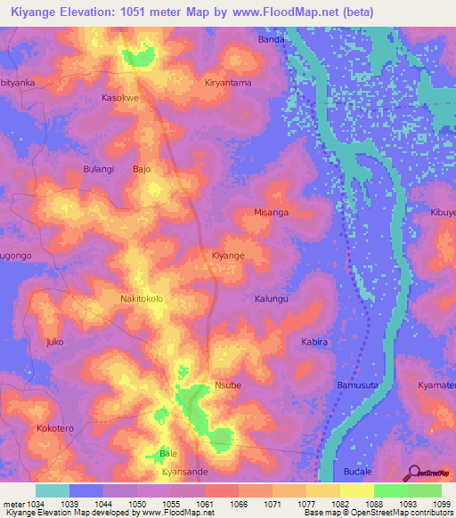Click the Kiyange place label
(227, 255)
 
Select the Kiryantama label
(228, 82)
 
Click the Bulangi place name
(99, 168)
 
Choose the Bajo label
(142, 168)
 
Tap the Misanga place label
(271, 213)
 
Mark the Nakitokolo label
(142, 299)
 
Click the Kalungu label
(272, 299)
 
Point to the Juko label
(55, 342)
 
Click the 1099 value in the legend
(443, 503)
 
